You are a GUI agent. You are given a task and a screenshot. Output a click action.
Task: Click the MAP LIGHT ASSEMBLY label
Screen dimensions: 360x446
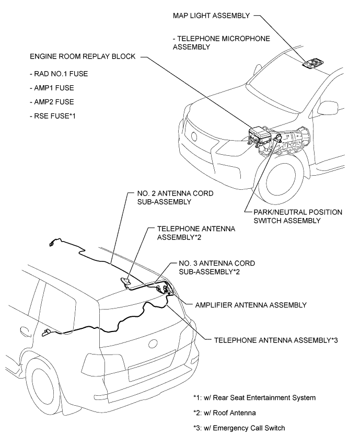click(211, 16)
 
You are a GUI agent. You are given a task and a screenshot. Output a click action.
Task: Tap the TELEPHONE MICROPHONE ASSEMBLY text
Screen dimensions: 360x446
click(222, 43)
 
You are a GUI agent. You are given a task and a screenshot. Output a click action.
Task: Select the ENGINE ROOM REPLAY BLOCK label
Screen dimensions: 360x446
click(83, 56)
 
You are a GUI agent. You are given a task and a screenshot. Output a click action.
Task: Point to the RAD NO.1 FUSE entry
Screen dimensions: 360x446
click(59, 74)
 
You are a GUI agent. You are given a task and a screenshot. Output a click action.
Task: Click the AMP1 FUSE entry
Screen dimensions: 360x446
click(52, 88)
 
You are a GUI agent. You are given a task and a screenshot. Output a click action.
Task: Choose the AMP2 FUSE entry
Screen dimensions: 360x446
click(52, 102)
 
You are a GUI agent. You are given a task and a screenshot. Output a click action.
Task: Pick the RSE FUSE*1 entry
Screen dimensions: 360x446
click(53, 116)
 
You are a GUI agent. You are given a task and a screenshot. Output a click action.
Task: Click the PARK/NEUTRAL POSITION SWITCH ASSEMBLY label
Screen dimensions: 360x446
click(298, 216)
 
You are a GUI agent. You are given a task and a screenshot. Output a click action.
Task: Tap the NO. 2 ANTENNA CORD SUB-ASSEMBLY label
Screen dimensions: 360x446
click(176, 198)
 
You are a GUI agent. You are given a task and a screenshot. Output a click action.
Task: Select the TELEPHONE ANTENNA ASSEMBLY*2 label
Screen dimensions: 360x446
click(196, 233)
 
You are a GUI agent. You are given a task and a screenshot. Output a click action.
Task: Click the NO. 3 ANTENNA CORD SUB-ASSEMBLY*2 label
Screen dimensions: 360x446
click(217, 268)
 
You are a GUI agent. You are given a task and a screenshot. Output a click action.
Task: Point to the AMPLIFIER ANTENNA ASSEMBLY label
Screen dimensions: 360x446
click(251, 305)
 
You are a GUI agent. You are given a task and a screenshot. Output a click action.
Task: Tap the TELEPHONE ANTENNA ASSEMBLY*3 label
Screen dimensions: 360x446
click(276, 340)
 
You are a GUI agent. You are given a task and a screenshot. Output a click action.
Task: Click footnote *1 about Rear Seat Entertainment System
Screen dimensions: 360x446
click(254, 398)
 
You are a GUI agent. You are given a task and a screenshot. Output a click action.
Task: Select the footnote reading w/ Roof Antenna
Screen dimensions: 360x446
click(224, 413)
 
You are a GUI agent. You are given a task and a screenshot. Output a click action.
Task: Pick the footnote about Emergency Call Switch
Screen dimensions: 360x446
click(239, 428)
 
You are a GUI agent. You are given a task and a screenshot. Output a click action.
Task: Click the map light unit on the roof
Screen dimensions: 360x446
click(312, 63)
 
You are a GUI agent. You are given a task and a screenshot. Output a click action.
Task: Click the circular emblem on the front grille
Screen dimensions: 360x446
click(194, 136)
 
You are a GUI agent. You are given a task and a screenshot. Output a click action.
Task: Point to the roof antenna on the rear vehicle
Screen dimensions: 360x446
click(125, 282)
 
